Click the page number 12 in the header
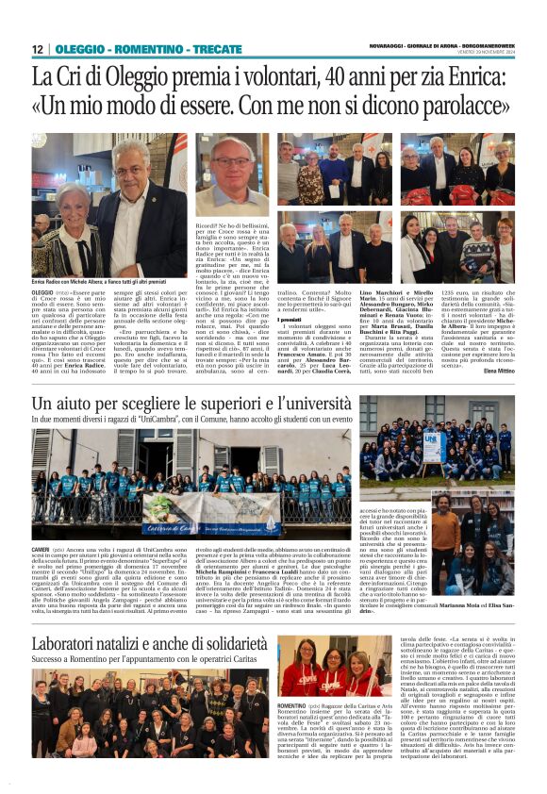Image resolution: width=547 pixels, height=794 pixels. (37, 49)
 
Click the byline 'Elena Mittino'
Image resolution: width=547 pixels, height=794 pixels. (497, 371)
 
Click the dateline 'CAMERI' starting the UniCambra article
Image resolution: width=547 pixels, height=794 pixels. (41, 548)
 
